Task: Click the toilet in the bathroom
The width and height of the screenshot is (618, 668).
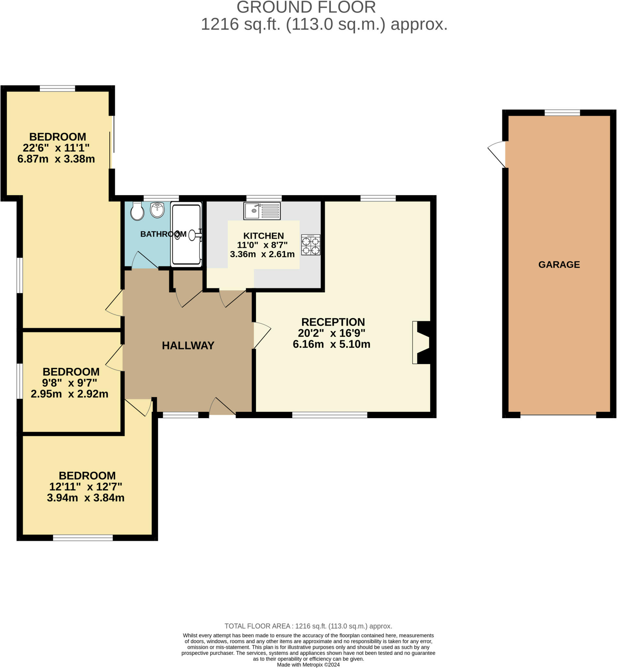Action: point(137,211)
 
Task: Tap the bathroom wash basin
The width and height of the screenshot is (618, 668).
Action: point(157,210)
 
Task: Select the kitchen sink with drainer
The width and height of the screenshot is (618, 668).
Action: point(262,211)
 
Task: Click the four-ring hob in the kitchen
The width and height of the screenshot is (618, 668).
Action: point(311,245)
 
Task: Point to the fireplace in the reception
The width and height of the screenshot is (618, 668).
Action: point(422,342)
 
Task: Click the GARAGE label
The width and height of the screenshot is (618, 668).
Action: point(559,265)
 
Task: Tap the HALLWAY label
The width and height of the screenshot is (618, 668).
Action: point(188,345)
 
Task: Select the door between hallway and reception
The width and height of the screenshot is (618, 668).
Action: point(262,335)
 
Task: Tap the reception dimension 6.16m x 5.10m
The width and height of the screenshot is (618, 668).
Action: point(332,344)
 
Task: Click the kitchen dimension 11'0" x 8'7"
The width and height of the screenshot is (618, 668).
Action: point(262,245)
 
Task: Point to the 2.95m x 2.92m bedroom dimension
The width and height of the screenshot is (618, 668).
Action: point(70,394)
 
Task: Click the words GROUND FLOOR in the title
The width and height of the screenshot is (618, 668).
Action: point(306,8)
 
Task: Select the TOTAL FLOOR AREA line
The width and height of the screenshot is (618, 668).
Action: point(308,626)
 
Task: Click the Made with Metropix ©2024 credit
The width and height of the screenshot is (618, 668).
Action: point(308,665)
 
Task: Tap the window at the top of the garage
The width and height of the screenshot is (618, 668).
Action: point(562,113)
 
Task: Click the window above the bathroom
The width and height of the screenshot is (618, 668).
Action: point(161,198)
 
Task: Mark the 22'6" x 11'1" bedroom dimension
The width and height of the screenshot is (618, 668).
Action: point(56,148)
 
